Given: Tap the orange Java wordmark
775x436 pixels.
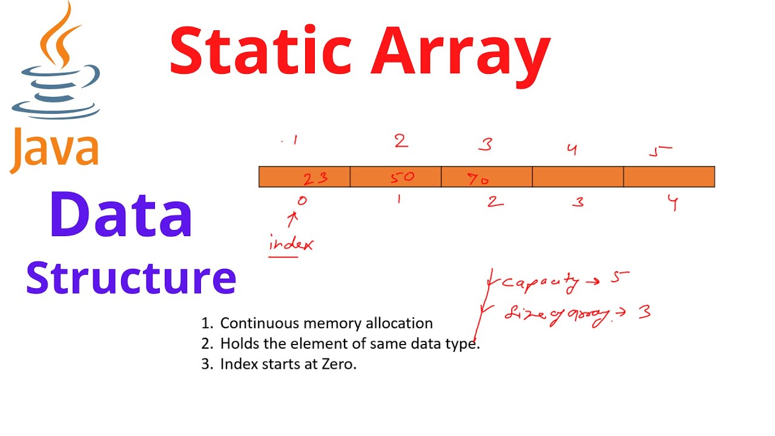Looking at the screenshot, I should tap(54, 148).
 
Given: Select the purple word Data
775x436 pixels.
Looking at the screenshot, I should tap(121, 215).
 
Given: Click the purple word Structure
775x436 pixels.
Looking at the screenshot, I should tap(131, 277).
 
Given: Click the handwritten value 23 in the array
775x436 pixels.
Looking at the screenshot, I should tap(315, 177).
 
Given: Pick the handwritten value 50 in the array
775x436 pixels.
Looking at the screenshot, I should tap(401, 177).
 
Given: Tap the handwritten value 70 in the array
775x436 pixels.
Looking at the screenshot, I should tap(478, 178).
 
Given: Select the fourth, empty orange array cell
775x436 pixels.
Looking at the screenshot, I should tap(578, 177).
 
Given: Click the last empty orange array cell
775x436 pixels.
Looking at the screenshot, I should tap(669, 177).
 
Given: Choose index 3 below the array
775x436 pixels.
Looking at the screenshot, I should tap(578, 202).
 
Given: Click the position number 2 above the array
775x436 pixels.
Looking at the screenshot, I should tap(401, 142).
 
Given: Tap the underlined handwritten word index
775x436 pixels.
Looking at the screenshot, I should tap(291, 245).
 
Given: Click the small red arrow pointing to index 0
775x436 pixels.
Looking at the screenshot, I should tap(294, 218).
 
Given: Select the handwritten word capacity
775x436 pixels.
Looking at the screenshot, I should tap(540, 282).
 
